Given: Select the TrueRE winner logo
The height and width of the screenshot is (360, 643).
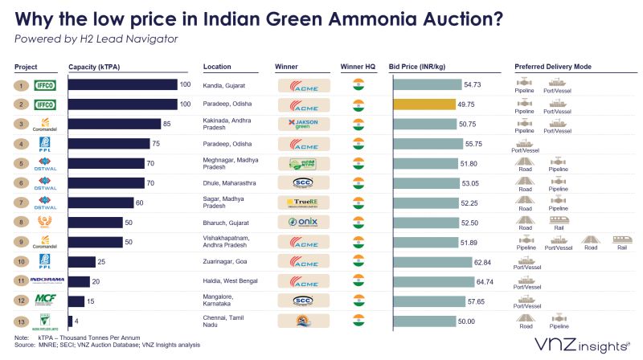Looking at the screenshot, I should pyautogui.click(x=304, y=202).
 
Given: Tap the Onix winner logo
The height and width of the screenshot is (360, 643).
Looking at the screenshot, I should pyautogui.click(x=304, y=222).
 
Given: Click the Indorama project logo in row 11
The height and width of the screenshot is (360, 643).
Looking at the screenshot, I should pyautogui.click(x=46, y=280).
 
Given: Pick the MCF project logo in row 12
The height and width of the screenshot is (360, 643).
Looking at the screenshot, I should pyautogui.click(x=46, y=301).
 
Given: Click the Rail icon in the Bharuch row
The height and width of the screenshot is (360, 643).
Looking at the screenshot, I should pyautogui.click(x=556, y=219).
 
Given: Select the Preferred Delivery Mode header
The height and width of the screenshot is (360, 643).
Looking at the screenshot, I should pyautogui.click(x=554, y=67).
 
